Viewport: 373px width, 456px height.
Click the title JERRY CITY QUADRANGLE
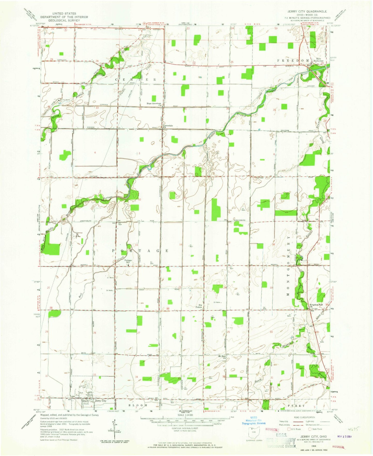pos(305,11)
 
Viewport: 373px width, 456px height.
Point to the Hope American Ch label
pos(154,104)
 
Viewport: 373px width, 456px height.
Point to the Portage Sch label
pos(128,261)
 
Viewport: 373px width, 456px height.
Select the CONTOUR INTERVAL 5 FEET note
pos(185,428)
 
